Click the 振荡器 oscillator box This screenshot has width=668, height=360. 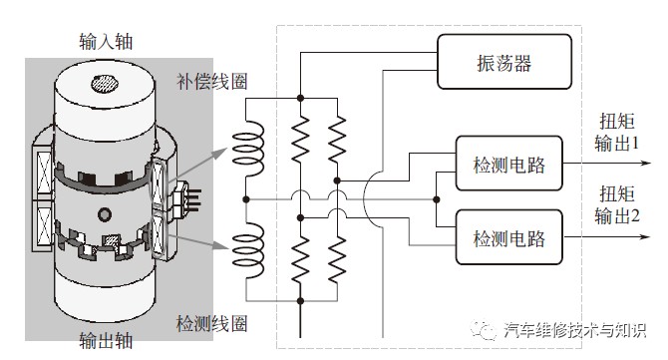[504, 62]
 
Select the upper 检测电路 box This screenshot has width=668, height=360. [509, 164]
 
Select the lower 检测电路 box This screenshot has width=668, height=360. [509, 237]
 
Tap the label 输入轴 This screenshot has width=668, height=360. [106, 42]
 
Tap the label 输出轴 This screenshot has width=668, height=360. [106, 340]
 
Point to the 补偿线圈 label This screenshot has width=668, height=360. [211, 81]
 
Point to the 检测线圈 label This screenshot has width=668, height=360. [211, 324]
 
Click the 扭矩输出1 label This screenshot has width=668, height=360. [617, 132]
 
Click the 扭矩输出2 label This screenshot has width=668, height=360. [617, 204]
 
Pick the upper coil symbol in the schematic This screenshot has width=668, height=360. [248, 149]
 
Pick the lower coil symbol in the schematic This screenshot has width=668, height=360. [248, 250]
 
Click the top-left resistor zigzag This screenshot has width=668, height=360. [300, 139]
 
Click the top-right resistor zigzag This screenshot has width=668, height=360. [337, 139]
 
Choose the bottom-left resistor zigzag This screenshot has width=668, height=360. [300, 259]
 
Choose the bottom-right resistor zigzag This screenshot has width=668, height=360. [337, 259]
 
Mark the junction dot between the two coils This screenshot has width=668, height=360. [246, 199]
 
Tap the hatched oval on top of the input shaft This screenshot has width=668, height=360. [104, 83]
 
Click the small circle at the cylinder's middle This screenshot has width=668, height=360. [105, 213]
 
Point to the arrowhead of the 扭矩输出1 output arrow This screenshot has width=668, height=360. [646, 164]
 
